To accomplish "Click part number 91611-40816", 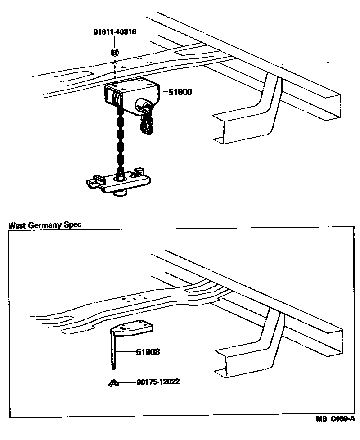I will pos(115,32).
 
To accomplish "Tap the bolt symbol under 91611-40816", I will pos(115,52).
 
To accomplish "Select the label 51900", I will pos(180,92).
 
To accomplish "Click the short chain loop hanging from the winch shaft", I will pos(146,124).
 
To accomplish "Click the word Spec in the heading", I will pos(74,224).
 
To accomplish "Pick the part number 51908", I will pos(148,352).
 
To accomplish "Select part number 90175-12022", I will pos(159,383).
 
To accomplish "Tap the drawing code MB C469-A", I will pos(335,431).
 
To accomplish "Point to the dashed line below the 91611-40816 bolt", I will pos(115,70).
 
